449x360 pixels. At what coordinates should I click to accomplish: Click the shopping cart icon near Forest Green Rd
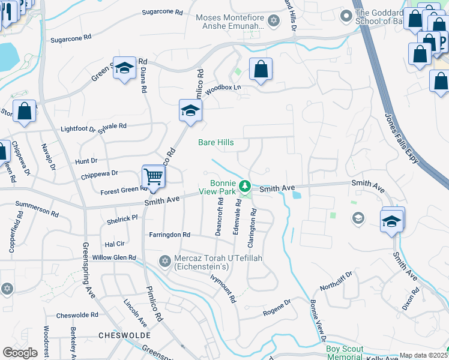[x=153, y=176]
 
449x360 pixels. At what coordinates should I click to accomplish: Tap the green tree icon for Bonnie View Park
[x=244, y=185]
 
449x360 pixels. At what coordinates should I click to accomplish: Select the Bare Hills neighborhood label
[x=216, y=143]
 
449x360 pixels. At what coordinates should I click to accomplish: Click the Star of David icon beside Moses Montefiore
[x=274, y=21]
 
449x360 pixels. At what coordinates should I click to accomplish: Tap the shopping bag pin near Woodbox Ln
[x=261, y=70]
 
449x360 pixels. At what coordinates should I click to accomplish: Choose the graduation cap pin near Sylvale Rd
[x=190, y=111]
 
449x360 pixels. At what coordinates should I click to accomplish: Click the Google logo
[x=20, y=353]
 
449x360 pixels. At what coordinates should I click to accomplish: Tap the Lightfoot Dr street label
[x=78, y=128]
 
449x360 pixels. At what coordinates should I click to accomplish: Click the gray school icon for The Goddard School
[x=346, y=16]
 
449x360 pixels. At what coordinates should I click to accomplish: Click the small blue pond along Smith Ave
[x=295, y=194]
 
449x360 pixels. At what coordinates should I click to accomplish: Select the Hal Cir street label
[x=114, y=244]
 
